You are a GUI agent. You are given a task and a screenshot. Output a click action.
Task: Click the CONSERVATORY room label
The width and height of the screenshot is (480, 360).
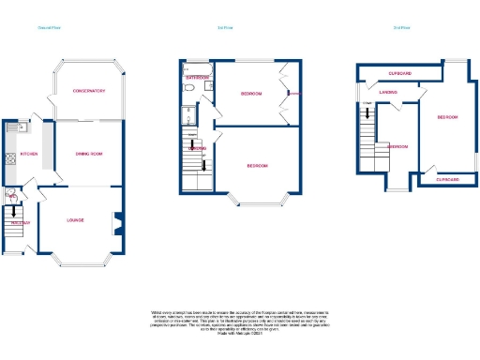pos(89,91)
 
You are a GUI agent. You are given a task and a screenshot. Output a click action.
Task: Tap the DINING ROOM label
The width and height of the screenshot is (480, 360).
pos(88,154)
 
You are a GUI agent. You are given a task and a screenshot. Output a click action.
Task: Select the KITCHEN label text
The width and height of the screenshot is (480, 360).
pos(28,153)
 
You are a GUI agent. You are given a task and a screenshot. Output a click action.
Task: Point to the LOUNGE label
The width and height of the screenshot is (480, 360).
pos(75,220)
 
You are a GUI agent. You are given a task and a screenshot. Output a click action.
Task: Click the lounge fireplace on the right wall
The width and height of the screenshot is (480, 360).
pos(116,223)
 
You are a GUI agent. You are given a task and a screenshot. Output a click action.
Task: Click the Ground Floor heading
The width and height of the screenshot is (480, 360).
pos(49,27)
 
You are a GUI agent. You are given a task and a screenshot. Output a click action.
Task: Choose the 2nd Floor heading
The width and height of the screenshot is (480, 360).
pos(401,27)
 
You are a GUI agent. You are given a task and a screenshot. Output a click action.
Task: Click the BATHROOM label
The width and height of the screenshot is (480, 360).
pos(196,78)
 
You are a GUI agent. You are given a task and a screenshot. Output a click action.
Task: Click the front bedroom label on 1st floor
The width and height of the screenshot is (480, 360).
pos(258,166)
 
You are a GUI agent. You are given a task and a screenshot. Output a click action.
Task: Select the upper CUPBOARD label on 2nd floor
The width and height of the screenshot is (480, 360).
pos(402,72)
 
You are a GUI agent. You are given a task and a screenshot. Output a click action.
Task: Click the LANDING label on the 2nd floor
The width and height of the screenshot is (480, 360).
pos(387,92)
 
